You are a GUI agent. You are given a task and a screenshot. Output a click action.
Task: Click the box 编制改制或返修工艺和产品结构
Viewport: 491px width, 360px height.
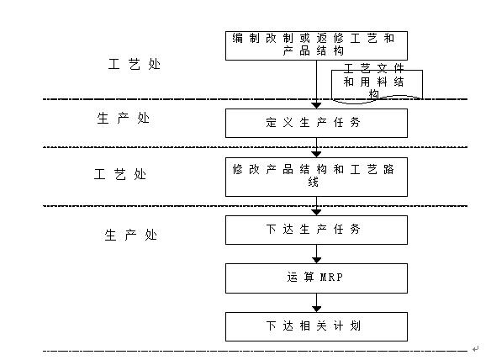tap(316, 45)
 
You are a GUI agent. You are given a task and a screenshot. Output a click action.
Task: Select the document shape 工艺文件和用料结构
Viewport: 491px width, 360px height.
tap(377, 85)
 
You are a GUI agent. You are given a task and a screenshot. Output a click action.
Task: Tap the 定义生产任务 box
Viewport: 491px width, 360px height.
tap(316, 123)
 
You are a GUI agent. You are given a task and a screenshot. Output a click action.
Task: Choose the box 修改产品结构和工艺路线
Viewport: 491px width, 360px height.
tap(316, 177)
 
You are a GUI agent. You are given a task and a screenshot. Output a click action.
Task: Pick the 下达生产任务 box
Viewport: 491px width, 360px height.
tap(316, 230)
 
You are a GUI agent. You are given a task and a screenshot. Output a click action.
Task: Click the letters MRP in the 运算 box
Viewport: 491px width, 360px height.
tap(331, 278)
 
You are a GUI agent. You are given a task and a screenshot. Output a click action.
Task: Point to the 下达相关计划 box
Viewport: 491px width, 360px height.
tap(316, 326)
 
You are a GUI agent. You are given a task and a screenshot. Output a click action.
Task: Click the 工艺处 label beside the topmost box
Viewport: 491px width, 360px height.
tap(135, 64)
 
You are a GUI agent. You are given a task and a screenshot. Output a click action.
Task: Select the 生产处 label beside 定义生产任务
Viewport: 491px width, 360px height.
tap(123, 119)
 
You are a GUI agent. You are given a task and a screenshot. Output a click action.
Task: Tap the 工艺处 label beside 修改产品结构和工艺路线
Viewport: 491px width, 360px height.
tap(120, 174)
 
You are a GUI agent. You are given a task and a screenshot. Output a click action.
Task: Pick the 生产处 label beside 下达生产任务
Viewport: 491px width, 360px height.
tap(131, 235)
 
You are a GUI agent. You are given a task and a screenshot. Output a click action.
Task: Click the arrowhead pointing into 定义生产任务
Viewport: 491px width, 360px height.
tap(316, 106)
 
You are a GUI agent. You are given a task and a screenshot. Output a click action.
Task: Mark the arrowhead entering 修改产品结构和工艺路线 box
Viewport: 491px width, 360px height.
tap(316, 155)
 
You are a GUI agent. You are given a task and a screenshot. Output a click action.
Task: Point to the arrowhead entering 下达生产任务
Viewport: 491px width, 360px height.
tap(316, 213)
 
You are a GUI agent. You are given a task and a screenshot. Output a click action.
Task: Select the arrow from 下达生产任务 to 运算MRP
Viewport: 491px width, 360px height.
tap(316, 254)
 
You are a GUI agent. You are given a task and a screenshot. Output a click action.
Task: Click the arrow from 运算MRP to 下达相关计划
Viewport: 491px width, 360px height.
tap(316, 303)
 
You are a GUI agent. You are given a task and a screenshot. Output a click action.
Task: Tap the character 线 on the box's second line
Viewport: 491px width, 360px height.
tap(313, 182)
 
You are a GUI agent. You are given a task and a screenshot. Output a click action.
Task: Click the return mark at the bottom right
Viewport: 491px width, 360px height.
tap(476, 349)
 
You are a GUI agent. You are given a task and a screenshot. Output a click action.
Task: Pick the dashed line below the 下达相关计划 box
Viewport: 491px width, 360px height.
tap(255, 351)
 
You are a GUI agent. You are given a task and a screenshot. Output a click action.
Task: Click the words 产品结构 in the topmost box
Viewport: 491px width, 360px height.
tap(313, 50)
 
